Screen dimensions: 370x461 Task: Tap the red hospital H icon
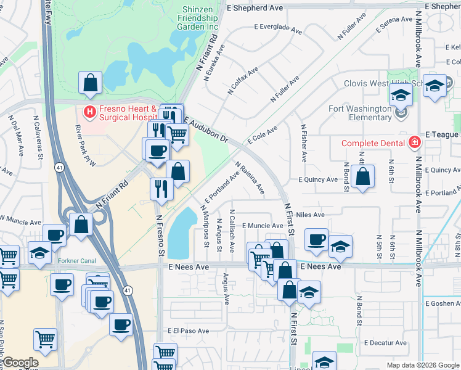coord(89,112)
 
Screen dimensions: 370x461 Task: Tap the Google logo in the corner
coord(20,363)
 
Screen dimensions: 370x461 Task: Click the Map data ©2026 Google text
coord(422,365)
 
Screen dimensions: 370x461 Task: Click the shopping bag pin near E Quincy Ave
coord(363,176)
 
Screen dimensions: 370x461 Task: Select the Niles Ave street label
coord(310,215)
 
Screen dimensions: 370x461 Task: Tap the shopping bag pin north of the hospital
coord(90,82)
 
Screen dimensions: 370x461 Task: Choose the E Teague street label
coord(442,134)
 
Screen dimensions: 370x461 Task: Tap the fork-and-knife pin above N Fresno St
coord(162,188)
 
